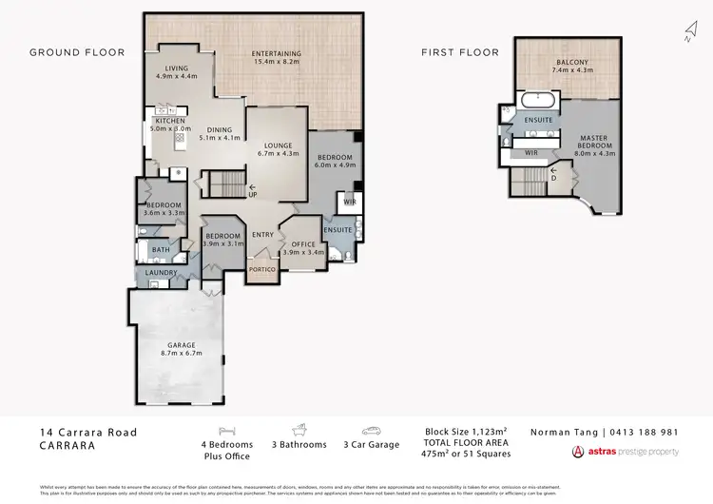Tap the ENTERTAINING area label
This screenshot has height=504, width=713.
277,53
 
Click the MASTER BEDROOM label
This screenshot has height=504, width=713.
595,144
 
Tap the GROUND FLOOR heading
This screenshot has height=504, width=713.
77,52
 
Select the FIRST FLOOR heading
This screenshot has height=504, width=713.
460,52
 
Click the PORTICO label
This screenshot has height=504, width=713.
261,269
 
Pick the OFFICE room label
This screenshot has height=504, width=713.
303,244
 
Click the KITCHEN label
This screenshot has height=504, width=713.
170,121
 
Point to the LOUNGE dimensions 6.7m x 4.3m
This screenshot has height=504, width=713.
277,153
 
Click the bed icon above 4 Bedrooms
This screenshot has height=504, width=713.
226,430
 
